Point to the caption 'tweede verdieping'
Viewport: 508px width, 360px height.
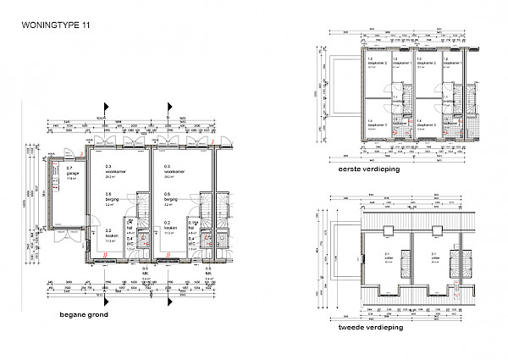369,326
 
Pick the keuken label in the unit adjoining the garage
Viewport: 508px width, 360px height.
109,235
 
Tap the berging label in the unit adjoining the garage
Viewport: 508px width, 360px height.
110,198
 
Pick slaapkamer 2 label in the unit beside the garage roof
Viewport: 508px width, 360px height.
375,64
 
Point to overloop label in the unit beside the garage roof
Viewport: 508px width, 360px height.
395,100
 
